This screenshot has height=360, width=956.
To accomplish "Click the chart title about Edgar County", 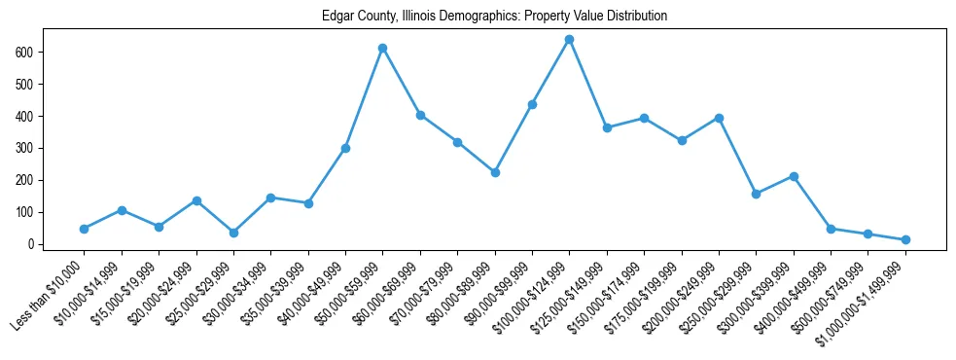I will tap(495, 17).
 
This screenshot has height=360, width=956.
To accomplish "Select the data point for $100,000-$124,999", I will tap(569, 40).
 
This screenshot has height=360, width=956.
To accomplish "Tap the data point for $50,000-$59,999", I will tap(383, 48).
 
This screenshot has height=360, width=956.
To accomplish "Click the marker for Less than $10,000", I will tap(85, 229).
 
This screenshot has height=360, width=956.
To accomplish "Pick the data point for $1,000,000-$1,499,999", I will tap(905, 239).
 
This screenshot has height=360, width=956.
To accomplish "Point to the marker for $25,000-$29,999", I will tap(233, 233).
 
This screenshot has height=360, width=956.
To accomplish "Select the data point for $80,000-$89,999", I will tap(495, 172).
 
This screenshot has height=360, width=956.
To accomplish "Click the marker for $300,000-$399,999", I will tap(794, 176).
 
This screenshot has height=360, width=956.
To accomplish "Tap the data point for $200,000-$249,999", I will tap(719, 118).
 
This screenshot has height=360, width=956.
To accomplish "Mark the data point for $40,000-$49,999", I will tap(345, 148).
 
